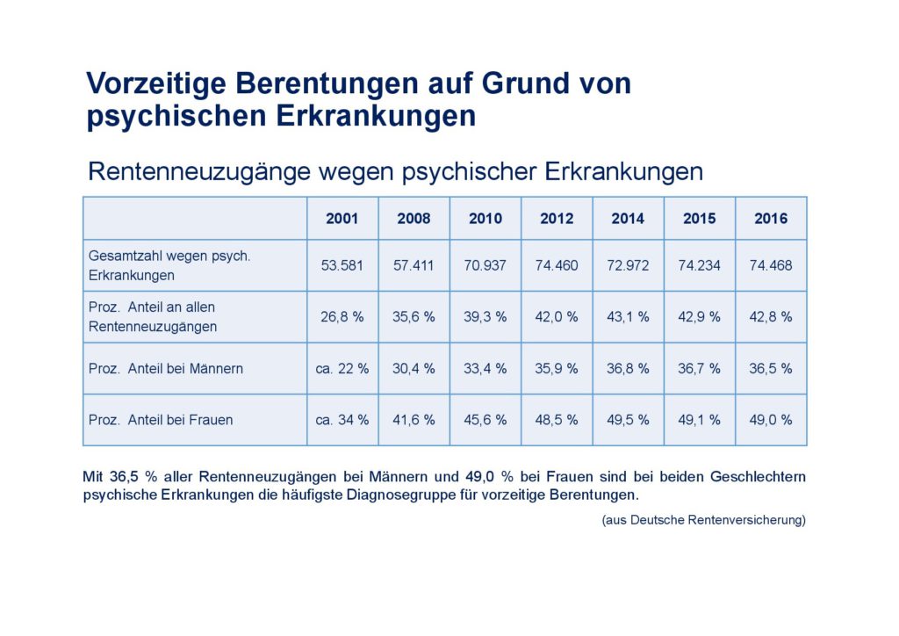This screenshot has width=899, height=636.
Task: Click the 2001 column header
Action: pos(342,219)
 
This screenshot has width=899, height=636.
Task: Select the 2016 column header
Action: pos(771,219)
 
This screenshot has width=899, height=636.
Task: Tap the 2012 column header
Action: pos(557,219)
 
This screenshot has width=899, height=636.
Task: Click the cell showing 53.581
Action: pos(342,265)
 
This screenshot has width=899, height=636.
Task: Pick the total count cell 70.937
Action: pos(485,265)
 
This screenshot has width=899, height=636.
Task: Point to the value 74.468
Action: pos(771,265)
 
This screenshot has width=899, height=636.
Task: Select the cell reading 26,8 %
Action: pos(342,316)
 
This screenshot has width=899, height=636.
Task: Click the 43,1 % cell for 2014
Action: pos(628,316)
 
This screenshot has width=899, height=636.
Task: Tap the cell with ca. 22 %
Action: pos(342,368)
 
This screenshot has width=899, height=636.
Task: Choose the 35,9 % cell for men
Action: pos(557,368)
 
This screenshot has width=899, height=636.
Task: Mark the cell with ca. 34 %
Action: pos(342,420)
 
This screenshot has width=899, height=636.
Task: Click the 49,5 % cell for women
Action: pos(628,420)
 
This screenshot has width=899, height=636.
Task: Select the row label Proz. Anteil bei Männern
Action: pos(166,368)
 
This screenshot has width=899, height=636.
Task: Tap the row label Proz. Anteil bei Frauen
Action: pos(161,420)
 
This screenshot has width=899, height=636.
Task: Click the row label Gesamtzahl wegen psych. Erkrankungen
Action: pos(169,265)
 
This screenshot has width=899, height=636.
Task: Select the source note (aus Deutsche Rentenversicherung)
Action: pos(703,520)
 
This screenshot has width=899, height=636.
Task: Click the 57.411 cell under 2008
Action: pos(414,265)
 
